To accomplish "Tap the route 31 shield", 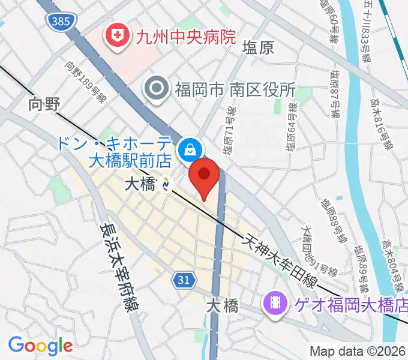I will point(184,278).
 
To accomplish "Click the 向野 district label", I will point(44,104).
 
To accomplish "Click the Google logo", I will point(40,345).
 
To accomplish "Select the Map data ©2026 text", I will point(358,351).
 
